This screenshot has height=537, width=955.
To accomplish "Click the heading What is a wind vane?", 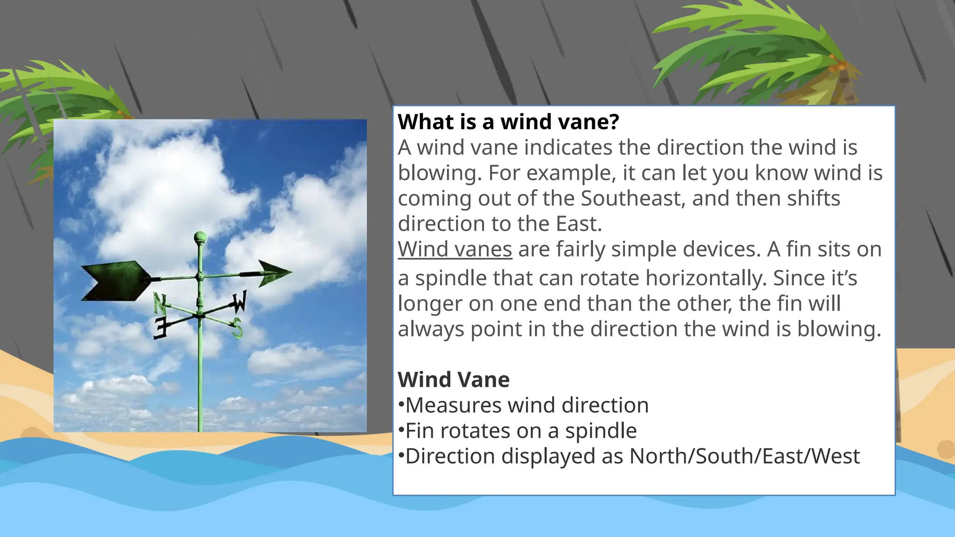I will click(x=508, y=122).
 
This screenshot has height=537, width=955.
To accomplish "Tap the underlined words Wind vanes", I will click(x=455, y=249).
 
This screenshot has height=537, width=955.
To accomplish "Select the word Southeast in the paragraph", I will click(x=632, y=199).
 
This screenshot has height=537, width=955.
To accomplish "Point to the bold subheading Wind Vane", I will click(x=453, y=379).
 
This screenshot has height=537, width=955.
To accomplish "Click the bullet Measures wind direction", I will click(x=526, y=405).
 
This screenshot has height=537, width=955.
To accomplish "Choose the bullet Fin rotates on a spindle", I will click(x=520, y=431).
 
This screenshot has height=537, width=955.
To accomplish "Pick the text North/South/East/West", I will click(x=744, y=456).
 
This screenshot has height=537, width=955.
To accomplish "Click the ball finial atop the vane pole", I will click(x=200, y=236).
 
